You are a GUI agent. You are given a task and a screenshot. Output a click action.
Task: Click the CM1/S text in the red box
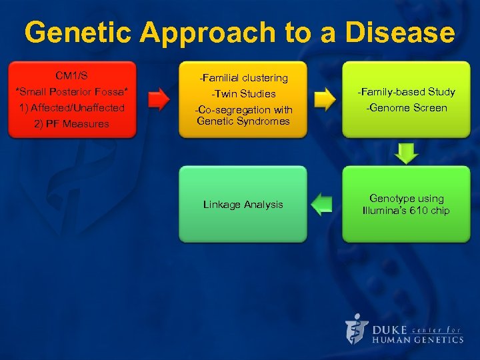[71, 75]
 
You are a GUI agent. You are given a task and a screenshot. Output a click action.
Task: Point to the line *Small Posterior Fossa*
[71, 91]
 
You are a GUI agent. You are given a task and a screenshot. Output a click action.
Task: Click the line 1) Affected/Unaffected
[71, 107]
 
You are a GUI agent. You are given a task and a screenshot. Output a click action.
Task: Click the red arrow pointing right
[158, 100]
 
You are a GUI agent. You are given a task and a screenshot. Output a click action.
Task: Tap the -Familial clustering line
[243, 78]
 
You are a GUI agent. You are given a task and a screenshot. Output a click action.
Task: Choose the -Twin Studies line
[243, 94]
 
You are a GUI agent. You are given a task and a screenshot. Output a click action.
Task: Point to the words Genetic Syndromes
[243, 121]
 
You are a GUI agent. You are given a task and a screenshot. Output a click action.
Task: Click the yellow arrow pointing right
[324, 100]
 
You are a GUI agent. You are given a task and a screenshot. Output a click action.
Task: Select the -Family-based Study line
[406, 92]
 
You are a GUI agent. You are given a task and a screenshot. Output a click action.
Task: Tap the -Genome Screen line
[406, 108]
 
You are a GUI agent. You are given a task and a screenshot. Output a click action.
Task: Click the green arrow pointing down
[406, 153]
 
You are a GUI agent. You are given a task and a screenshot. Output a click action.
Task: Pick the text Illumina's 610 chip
[406, 211]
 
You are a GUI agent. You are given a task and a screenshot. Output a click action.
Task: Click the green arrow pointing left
[323, 204]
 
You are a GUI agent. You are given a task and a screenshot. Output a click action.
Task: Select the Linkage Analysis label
[243, 205]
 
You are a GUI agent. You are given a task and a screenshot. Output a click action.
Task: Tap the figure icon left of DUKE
[357, 329]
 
